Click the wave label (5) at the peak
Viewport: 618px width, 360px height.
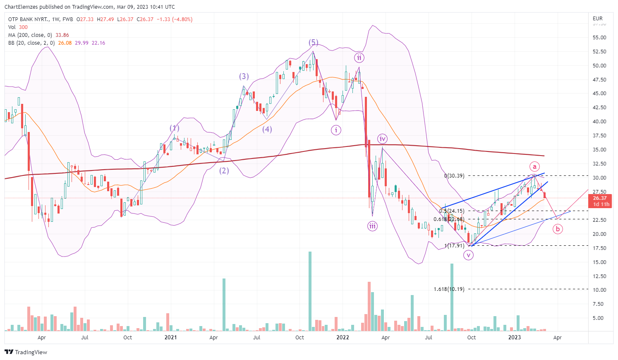(x=313, y=43)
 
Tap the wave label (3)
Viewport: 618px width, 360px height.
(x=244, y=76)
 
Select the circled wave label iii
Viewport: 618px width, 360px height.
(x=372, y=226)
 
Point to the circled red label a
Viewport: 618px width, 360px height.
(x=534, y=166)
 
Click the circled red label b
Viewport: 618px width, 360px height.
(x=558, y=228)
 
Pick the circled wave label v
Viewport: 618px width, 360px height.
(x=468, y=255)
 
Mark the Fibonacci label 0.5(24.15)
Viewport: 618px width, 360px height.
(x=452, y=211)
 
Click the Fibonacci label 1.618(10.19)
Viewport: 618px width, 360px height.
(x=449, y=289)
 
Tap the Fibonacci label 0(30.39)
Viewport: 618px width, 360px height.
(x=454, y=176)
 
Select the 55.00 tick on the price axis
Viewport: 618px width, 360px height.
(x=599, y=38)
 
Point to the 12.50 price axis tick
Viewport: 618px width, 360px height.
(x=599, y=276)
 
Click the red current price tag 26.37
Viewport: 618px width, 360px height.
(x=599, y=198)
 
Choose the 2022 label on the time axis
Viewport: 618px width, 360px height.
(x=343, y=338)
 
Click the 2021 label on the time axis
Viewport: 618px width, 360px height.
(x=170, y=338)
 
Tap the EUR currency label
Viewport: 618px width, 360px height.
(x=598, y=19)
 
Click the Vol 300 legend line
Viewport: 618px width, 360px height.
(x=18, y=27)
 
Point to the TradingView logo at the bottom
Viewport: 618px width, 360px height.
(x=26, y=352)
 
